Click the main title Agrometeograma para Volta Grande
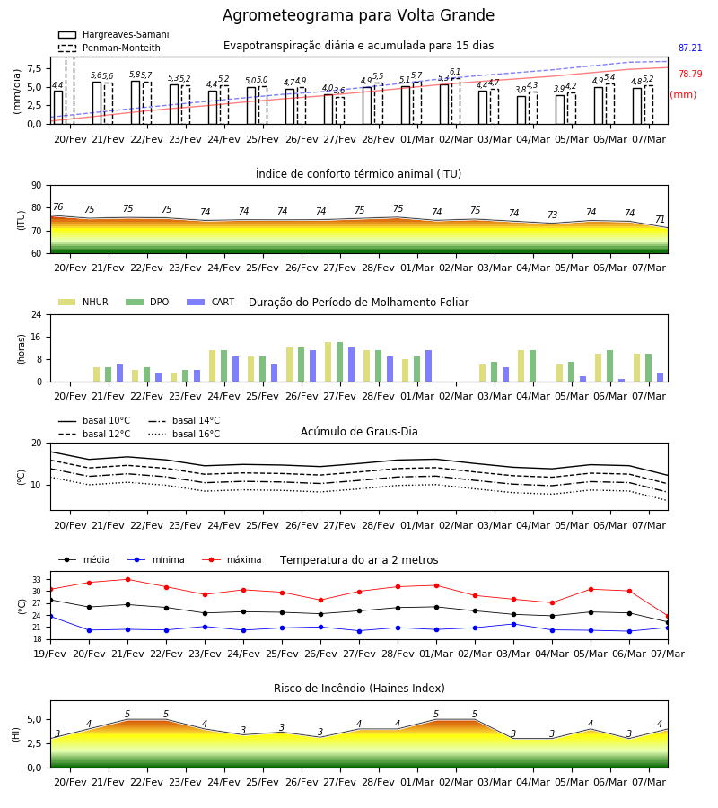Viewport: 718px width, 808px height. click(358, 15)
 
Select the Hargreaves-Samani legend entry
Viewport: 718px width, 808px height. click(113, 34)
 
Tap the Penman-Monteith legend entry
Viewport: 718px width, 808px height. click(109, 48)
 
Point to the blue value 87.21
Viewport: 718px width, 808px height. click(690, 48)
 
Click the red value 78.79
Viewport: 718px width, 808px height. click(690, 74)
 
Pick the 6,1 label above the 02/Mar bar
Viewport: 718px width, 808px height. click(455, 72)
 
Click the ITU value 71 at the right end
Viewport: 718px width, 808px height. click(660, 220)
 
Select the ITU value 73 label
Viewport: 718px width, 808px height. click(552, 215)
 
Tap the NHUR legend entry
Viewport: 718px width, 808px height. click(83, 302)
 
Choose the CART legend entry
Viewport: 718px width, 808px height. click(211, 302)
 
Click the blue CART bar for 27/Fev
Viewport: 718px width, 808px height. click(351, 364)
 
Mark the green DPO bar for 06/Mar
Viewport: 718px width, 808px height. click(609, 366)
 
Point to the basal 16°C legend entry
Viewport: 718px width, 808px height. click(184, 434)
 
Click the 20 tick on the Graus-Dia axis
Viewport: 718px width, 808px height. click(37, 444)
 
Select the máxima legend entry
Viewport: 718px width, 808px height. click(232, 559)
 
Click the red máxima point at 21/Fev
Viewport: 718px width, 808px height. click(127, 579)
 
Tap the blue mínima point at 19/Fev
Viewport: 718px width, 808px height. click(50, 616)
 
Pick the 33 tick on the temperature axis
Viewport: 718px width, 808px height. click(37, 580)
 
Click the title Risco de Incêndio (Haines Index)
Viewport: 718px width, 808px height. click(359, 689)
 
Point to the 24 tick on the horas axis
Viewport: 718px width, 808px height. click(37, 314)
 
